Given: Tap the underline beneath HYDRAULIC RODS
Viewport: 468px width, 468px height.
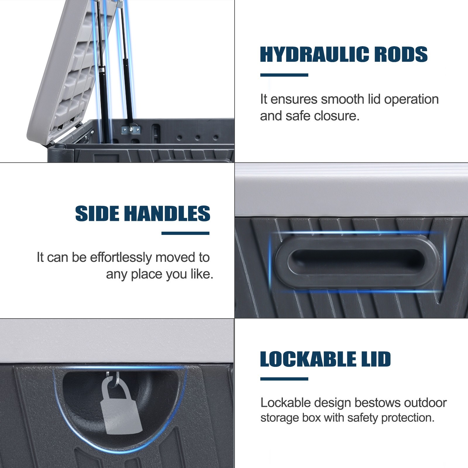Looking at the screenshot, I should [284, 75].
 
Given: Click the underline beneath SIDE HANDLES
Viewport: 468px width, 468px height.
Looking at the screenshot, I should [185, 233].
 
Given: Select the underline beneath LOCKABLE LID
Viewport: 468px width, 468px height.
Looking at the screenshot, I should [284, 379].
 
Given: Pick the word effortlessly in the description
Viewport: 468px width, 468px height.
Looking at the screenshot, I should [121, 258].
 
